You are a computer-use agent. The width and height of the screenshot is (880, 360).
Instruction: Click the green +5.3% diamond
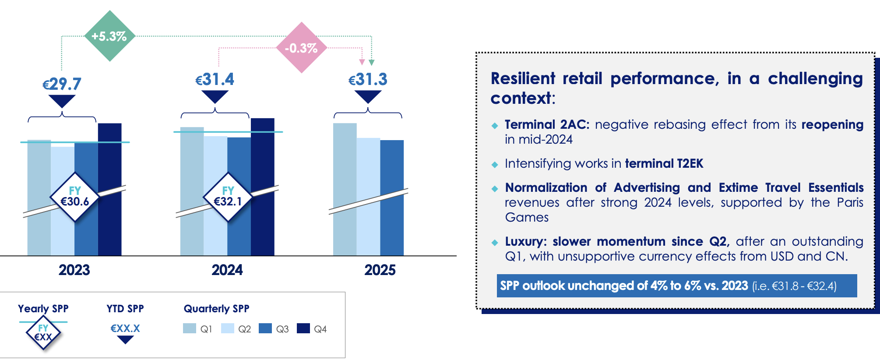coord(109,36)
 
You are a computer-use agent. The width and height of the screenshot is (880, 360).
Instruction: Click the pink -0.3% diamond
coord(302,48)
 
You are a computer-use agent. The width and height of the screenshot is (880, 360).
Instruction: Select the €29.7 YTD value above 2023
coord(62,84)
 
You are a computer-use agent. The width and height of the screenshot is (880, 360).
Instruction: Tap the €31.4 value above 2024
coord(215,80)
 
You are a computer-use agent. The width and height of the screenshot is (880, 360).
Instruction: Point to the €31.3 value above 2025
coord(368,80)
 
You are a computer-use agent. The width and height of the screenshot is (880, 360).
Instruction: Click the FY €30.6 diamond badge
coord(75,197)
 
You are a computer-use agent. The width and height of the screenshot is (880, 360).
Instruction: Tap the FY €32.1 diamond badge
coord(228,197)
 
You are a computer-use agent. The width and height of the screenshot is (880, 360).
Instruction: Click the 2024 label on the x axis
coord(227,270)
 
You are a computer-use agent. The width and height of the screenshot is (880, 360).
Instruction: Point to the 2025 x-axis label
coord(380,270)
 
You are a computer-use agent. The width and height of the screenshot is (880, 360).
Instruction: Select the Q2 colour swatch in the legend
coord(228,328)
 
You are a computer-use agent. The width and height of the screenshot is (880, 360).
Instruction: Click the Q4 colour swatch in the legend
coord(303,328)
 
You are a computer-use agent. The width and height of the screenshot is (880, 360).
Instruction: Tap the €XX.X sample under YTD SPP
coord(125,328)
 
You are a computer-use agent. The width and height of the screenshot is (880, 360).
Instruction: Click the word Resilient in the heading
coord(523,79)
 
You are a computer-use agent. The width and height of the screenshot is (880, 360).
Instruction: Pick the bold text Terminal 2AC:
coord(547,125)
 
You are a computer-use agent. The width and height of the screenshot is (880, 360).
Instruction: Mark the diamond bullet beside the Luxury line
coord(495,243)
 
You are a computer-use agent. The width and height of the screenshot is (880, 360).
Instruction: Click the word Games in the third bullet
coord(527,218)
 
